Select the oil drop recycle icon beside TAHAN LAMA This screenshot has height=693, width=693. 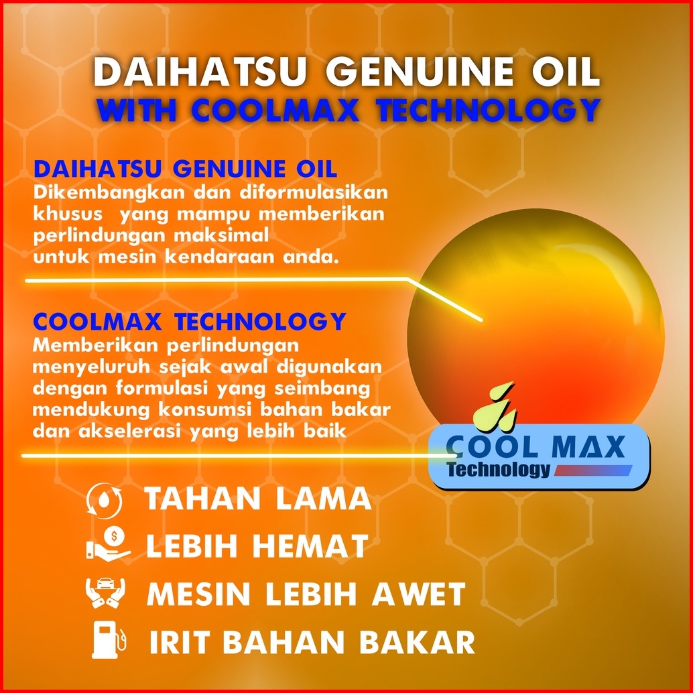pos(104,499)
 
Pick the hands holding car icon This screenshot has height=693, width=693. pos(105,592)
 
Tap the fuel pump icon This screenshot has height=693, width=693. pos(109,639)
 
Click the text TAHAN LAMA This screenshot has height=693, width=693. pos(258,499)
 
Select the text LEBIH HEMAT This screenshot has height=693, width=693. pos(257,546)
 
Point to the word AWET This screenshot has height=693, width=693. pos(419,593)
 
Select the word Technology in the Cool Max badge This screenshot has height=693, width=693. pos(499,469)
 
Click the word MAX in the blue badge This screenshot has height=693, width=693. pos(588,447)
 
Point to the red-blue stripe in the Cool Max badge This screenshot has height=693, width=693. pos(592,470)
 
